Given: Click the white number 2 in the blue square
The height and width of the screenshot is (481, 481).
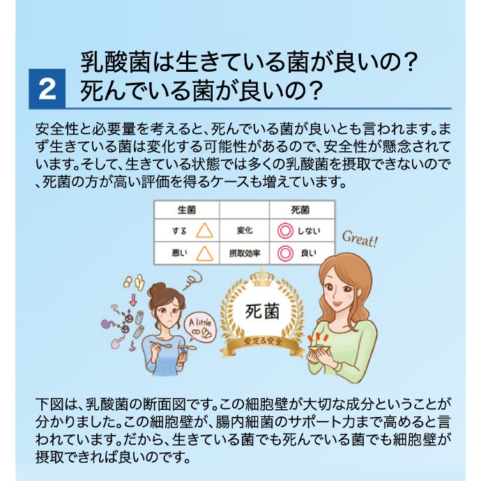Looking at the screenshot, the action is pyautogui.click(x=47, y=89).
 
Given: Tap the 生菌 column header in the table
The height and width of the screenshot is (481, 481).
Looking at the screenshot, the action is pyautogui.click(x=187, y=210).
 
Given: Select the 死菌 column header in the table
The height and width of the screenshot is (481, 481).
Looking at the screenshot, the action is pyautogui.click(x=300, y=210).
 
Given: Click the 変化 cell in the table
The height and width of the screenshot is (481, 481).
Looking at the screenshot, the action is pyautogui.click(x=245, y=230).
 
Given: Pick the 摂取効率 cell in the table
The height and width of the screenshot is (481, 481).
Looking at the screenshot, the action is pyautogui.click(x=245, y=253).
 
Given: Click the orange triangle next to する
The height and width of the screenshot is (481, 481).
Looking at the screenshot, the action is pyautogui.click(x=205, y=231).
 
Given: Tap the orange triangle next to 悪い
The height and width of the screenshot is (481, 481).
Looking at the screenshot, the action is pyautogui.click(x=205, y=253).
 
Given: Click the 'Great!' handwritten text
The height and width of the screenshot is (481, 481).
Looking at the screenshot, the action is pyautogui.click(x=360, y=239).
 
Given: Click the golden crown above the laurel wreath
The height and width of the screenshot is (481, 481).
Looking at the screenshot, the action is pyautogui.click(x=262, y=276).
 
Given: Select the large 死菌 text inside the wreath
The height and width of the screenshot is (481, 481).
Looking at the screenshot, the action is pyautogui.click(x=262, y=312).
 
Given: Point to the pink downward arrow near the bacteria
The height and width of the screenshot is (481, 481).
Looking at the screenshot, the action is pyautogui.click(x=133, y=300).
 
